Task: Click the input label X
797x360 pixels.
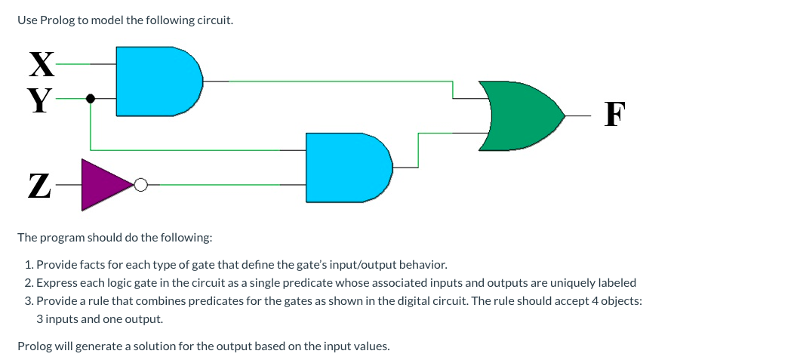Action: (x=42, y=64)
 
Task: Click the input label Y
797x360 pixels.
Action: (x=42, y=99)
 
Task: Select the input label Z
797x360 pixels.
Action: (x=40, y=185)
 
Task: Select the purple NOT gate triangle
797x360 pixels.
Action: (x=104, y=183)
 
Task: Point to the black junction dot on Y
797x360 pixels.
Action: (x=91, y=98)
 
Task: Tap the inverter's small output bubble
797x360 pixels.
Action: (x=140, y=184)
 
